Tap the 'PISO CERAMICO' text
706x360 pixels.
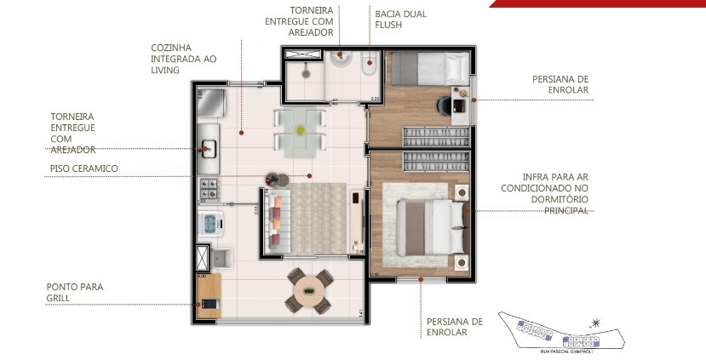[83, 169]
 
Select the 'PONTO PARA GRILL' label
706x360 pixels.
[75, 293]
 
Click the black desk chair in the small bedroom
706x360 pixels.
[445, 104]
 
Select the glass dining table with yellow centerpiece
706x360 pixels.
[300, 130]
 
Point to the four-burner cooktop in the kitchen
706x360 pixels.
[209, 186]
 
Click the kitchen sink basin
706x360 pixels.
[208, 149]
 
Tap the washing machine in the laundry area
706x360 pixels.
[210, 223]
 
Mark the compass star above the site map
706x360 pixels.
[595, 323]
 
